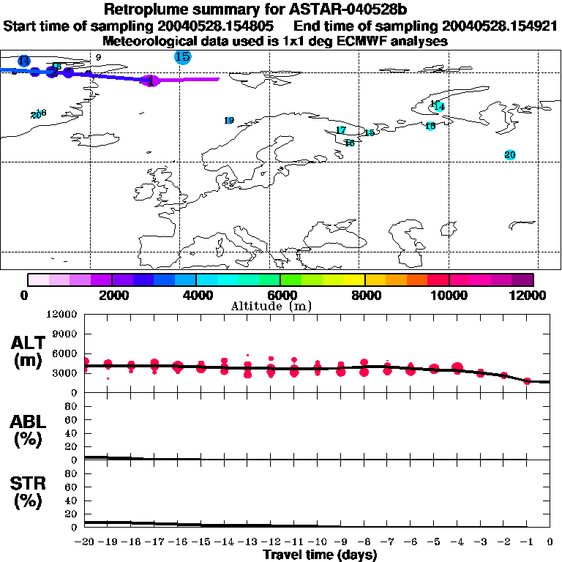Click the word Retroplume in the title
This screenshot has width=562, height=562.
pyautogui.click(x=149, y=10)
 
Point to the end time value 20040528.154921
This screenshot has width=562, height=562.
pyautogui.click(x=490, y=26)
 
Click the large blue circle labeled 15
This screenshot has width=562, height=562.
pyautogui.click(x=182, y=56)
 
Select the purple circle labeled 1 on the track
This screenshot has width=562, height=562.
pyautogui.click(x=150, y=81)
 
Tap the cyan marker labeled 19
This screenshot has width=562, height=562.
pyautogui.click(x=229, y=120)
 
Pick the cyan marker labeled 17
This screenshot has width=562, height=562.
pyautogui.click(x=341, y=130)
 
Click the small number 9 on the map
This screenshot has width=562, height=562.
pyautogui.click(x=98, y=57)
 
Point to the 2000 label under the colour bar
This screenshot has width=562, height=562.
pyautogui.click(x=111, y=295)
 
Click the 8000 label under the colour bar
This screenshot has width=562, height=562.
pyautogui.click(x=364, y=295)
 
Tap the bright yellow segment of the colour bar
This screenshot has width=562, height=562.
pyautogui.click(x=354, y=280)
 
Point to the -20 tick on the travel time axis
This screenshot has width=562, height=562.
pyautogui.click(x=86, y=542)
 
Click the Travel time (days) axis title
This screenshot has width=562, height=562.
pyautogui.click(x=320, y=555)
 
